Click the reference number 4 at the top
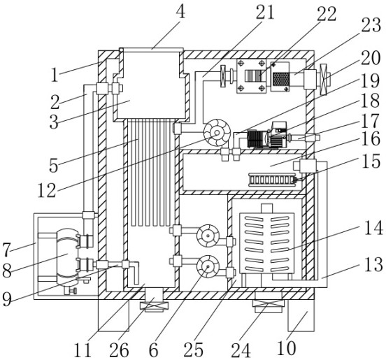[181, 11]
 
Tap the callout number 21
[265, 12]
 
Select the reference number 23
[371, 24]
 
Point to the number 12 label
[47, 190]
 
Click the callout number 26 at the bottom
[119, 350]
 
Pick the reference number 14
[373, 228]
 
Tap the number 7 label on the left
[7, 250]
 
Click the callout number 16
[371, 139]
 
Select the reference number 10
[286, 348]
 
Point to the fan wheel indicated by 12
[217, 133]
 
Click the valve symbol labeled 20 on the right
[323, 79]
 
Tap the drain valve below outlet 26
[155, 306]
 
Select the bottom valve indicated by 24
[269, 303]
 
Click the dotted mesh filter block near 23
[280, 79]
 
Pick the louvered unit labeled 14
[267, 243]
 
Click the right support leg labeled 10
[301, 315]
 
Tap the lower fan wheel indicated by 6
[208, 266]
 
